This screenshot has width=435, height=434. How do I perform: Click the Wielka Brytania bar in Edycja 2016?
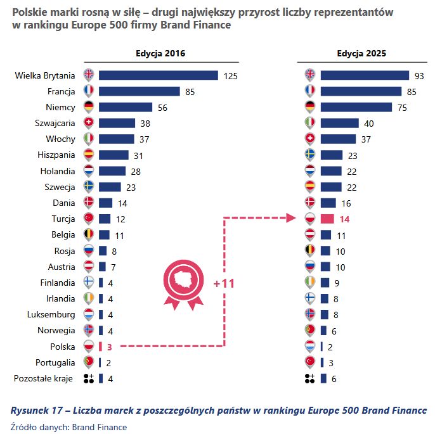158,75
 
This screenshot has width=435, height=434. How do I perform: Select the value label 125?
230,75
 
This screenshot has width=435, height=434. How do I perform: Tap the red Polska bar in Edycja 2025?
327,219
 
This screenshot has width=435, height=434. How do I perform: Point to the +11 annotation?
224,283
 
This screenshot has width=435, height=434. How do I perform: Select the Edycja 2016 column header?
160,54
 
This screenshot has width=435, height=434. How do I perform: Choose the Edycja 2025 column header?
361,54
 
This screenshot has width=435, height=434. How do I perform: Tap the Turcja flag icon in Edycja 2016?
88,219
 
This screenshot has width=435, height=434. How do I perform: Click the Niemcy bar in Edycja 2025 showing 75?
356,107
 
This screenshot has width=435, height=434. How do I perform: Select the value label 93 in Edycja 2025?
419,75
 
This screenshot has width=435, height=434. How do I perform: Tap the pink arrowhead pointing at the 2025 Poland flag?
294,219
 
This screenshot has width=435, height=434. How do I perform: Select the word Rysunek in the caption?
30,411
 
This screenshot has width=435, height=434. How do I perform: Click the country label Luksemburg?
51,314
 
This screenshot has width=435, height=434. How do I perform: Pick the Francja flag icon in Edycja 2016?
88,91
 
